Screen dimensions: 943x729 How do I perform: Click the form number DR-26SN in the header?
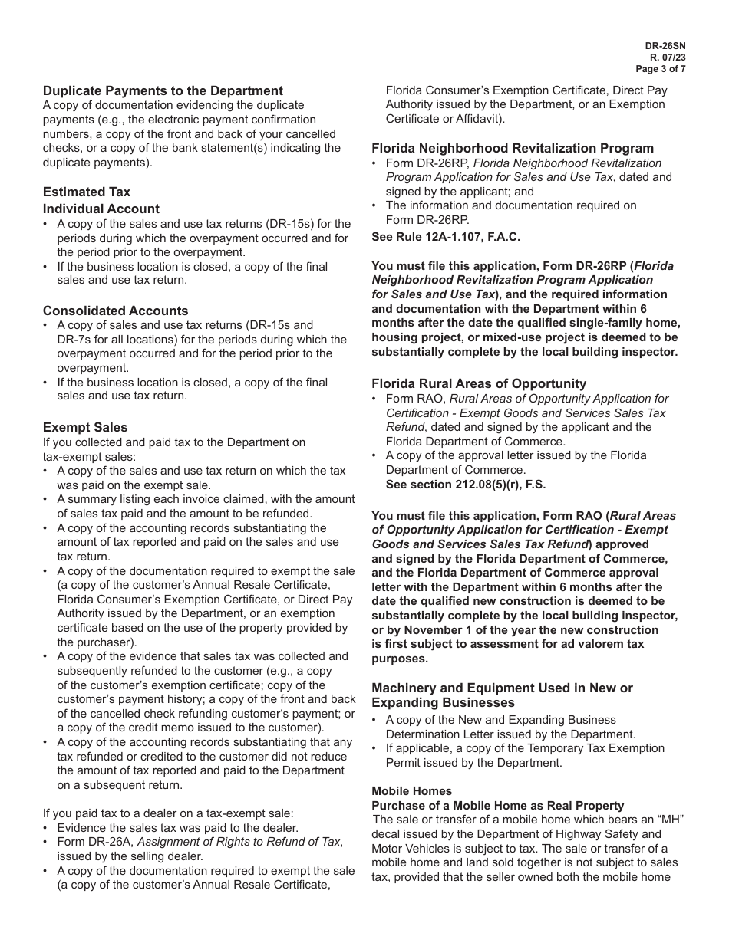pos(665,46)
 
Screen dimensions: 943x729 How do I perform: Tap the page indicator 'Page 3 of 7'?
pos(660,69)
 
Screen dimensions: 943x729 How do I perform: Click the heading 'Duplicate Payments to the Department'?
pos(163,90)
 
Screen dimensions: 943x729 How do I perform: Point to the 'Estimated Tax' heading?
pos(87,192)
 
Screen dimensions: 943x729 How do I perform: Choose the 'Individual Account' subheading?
pos(101,209)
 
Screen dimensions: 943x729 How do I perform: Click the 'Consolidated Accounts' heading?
pos(115,310)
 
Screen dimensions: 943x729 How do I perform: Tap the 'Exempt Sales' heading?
pos(85,427)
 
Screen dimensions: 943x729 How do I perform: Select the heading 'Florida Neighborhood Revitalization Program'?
pos(513,148)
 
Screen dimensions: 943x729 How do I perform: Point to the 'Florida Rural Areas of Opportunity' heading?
pos(479,383)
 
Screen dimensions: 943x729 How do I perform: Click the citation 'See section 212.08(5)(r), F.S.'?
pos(466,485)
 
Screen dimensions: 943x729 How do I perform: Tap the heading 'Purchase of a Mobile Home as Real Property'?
pos(498,806)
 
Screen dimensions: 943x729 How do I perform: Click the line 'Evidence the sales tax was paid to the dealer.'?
pos(177,828)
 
